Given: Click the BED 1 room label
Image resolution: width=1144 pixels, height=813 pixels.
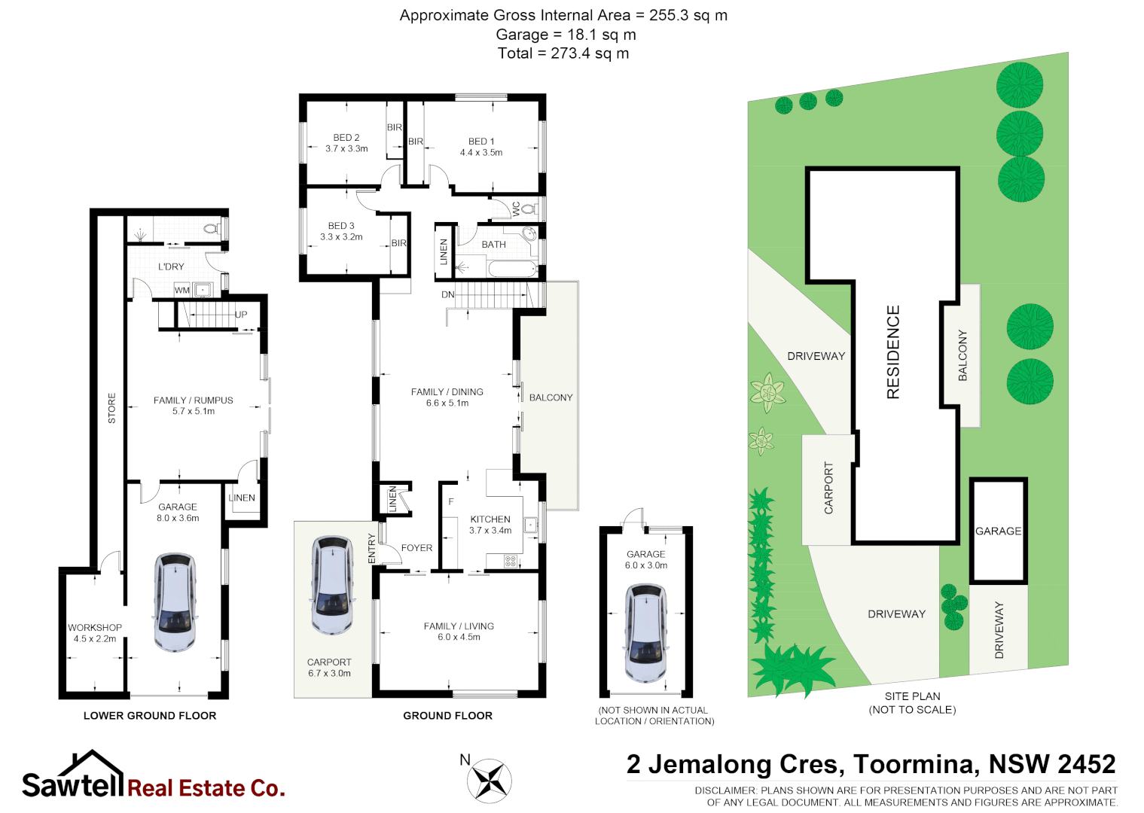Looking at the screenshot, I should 481,142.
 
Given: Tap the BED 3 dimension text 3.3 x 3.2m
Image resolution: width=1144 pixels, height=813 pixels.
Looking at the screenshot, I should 341,237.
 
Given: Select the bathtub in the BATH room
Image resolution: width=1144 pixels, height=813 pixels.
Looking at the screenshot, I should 511,269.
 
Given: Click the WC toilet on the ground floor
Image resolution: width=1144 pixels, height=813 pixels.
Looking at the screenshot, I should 529,209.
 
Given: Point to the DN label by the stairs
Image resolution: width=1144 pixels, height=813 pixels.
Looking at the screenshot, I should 447,294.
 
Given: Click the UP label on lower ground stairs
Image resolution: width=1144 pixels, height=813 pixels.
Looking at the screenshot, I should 241,315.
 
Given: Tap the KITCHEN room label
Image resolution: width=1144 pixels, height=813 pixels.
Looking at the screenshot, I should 490,519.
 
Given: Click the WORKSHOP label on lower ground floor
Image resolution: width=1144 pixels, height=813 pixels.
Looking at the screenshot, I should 95,628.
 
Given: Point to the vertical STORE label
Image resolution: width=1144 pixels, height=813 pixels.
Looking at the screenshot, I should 111,408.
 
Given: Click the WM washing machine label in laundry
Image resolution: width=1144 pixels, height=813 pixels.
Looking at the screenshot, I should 182,290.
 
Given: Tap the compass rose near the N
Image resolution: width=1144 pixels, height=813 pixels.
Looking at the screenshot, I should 490,781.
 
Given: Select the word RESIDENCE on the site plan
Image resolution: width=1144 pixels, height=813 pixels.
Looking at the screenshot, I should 893,352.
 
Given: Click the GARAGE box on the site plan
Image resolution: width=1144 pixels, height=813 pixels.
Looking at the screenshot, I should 999,531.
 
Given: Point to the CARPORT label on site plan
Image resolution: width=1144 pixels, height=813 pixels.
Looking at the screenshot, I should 828,488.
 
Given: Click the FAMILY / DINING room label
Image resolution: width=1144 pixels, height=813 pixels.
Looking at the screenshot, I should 447,392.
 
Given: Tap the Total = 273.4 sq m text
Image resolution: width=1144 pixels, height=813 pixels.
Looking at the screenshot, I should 563,53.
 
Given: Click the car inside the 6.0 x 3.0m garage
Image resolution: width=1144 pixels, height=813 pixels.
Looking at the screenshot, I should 646,632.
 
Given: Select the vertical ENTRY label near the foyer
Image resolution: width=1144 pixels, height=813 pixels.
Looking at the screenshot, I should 371,548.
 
